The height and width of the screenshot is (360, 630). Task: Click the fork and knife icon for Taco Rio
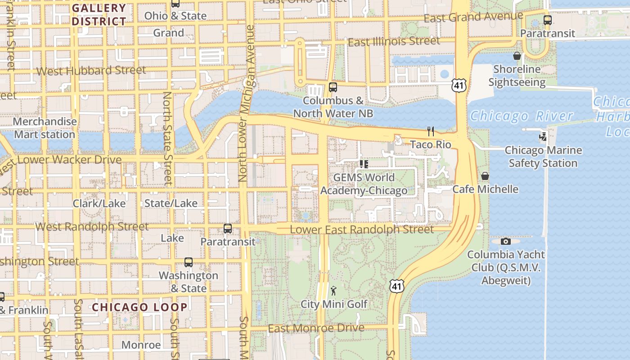click(431, 131)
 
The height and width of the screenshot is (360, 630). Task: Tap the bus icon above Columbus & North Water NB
click(333, 87)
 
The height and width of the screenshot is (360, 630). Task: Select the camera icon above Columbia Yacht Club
click(506, 242)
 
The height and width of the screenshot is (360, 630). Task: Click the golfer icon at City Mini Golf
click(333, 291)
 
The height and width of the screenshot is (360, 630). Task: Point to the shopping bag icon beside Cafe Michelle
click(485, 176)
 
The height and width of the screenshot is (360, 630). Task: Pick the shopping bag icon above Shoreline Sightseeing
click(517, 56)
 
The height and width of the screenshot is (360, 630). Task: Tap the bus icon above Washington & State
click(189, 262)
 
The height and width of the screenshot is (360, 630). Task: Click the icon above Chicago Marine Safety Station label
click(543, 136)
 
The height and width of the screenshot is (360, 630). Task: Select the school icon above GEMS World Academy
click(364, 164)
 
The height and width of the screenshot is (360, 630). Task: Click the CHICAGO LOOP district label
click(140, 307)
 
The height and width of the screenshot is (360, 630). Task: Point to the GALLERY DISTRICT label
click(99, 15)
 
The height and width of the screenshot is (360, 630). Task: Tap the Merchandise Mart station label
click(45, 128)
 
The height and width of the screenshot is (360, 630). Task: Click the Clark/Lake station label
click(99, 203)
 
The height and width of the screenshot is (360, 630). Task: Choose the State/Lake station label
click(171, 203)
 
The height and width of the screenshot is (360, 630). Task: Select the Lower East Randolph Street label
click(362, 229)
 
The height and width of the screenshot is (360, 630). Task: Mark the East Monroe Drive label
click(316, 328)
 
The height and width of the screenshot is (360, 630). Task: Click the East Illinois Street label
click(394, 41)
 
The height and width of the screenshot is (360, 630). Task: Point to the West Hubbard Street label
click(91, 71)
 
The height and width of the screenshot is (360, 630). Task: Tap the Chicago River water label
click(522, 116)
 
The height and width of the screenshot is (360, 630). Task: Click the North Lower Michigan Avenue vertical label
click(247, 103)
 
